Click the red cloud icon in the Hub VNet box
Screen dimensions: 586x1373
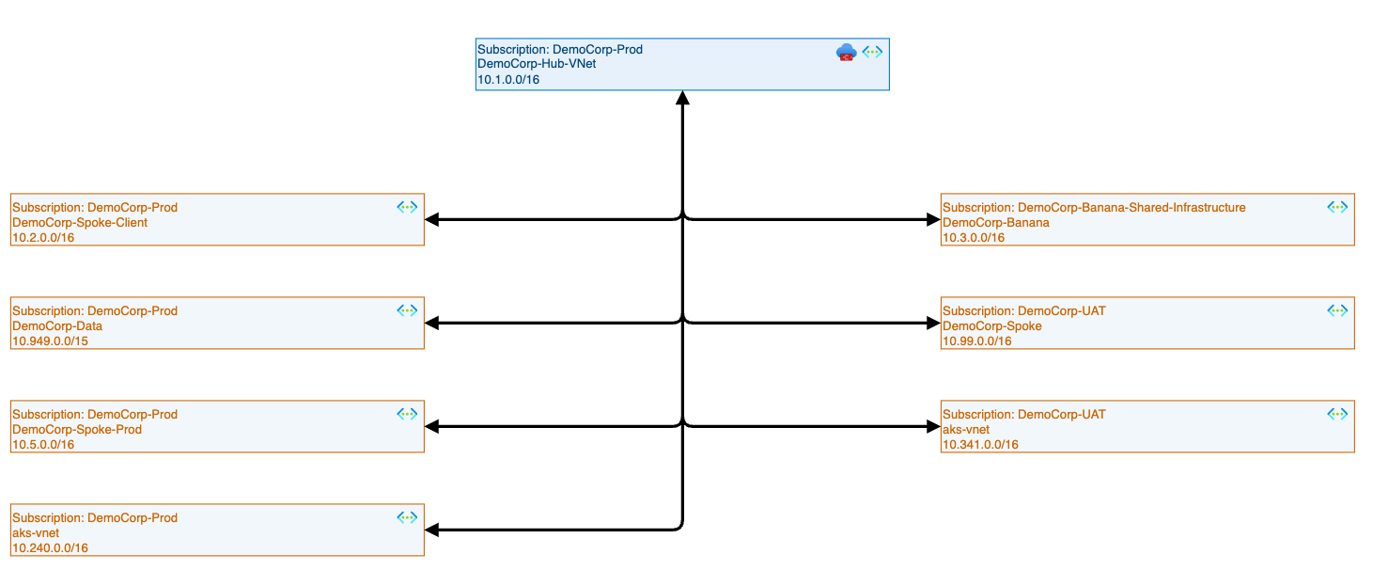point(846,53)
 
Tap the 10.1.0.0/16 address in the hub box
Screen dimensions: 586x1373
point(508,80)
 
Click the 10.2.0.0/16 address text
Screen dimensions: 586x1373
point(43,238)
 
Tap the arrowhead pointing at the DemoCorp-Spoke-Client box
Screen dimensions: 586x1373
point(432,220)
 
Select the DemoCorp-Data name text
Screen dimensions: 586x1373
point(57,326)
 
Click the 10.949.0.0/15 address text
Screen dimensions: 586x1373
point(50,341)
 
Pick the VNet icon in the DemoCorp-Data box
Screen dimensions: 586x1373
point(406,309)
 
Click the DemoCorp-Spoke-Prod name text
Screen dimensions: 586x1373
point(77,430)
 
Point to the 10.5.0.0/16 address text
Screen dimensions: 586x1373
point(43,445)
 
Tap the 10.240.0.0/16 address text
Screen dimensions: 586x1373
point(50,548)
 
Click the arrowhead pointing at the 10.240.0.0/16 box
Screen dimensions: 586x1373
point(432,531)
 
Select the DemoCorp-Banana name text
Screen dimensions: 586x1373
point(996,223)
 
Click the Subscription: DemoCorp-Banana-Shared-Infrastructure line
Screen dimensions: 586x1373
point(1094,208)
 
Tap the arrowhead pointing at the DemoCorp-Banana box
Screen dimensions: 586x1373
point(932,220)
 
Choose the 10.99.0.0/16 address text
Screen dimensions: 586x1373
point(977,341)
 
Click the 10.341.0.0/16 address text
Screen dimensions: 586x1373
point(980,445)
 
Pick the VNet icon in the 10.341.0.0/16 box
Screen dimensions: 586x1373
point(1336,413)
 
